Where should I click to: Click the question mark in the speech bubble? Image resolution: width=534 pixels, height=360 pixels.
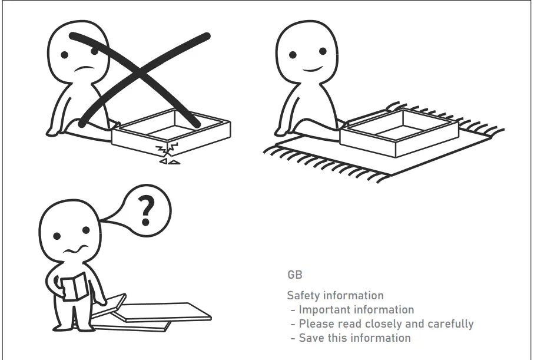tap(146, 211)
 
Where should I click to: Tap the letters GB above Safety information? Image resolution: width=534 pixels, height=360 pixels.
tap(295, 275)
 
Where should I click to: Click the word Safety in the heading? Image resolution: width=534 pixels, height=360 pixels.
tap(304, 296)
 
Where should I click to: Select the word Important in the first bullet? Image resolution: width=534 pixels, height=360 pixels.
tap(324, 310)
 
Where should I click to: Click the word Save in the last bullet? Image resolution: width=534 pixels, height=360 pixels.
tap(310, 338)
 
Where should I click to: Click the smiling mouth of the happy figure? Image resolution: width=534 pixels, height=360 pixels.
tap(312, 70)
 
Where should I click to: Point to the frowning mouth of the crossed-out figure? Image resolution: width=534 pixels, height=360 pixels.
tap(85, 68)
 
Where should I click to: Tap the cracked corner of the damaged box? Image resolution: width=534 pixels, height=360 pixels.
tap(167, 148)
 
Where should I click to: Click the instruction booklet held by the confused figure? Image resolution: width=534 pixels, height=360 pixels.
tap(74, 287)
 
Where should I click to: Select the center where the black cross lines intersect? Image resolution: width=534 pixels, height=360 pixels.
tap(140, 72)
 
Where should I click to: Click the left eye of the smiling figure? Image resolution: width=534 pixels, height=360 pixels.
tap(293, 55)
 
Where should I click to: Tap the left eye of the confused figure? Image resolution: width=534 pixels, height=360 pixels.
tap(57, 236)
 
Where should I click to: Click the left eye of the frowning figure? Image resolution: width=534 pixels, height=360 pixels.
tap(64, 55)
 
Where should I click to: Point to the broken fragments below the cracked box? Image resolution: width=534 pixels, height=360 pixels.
tap(170, 161)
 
